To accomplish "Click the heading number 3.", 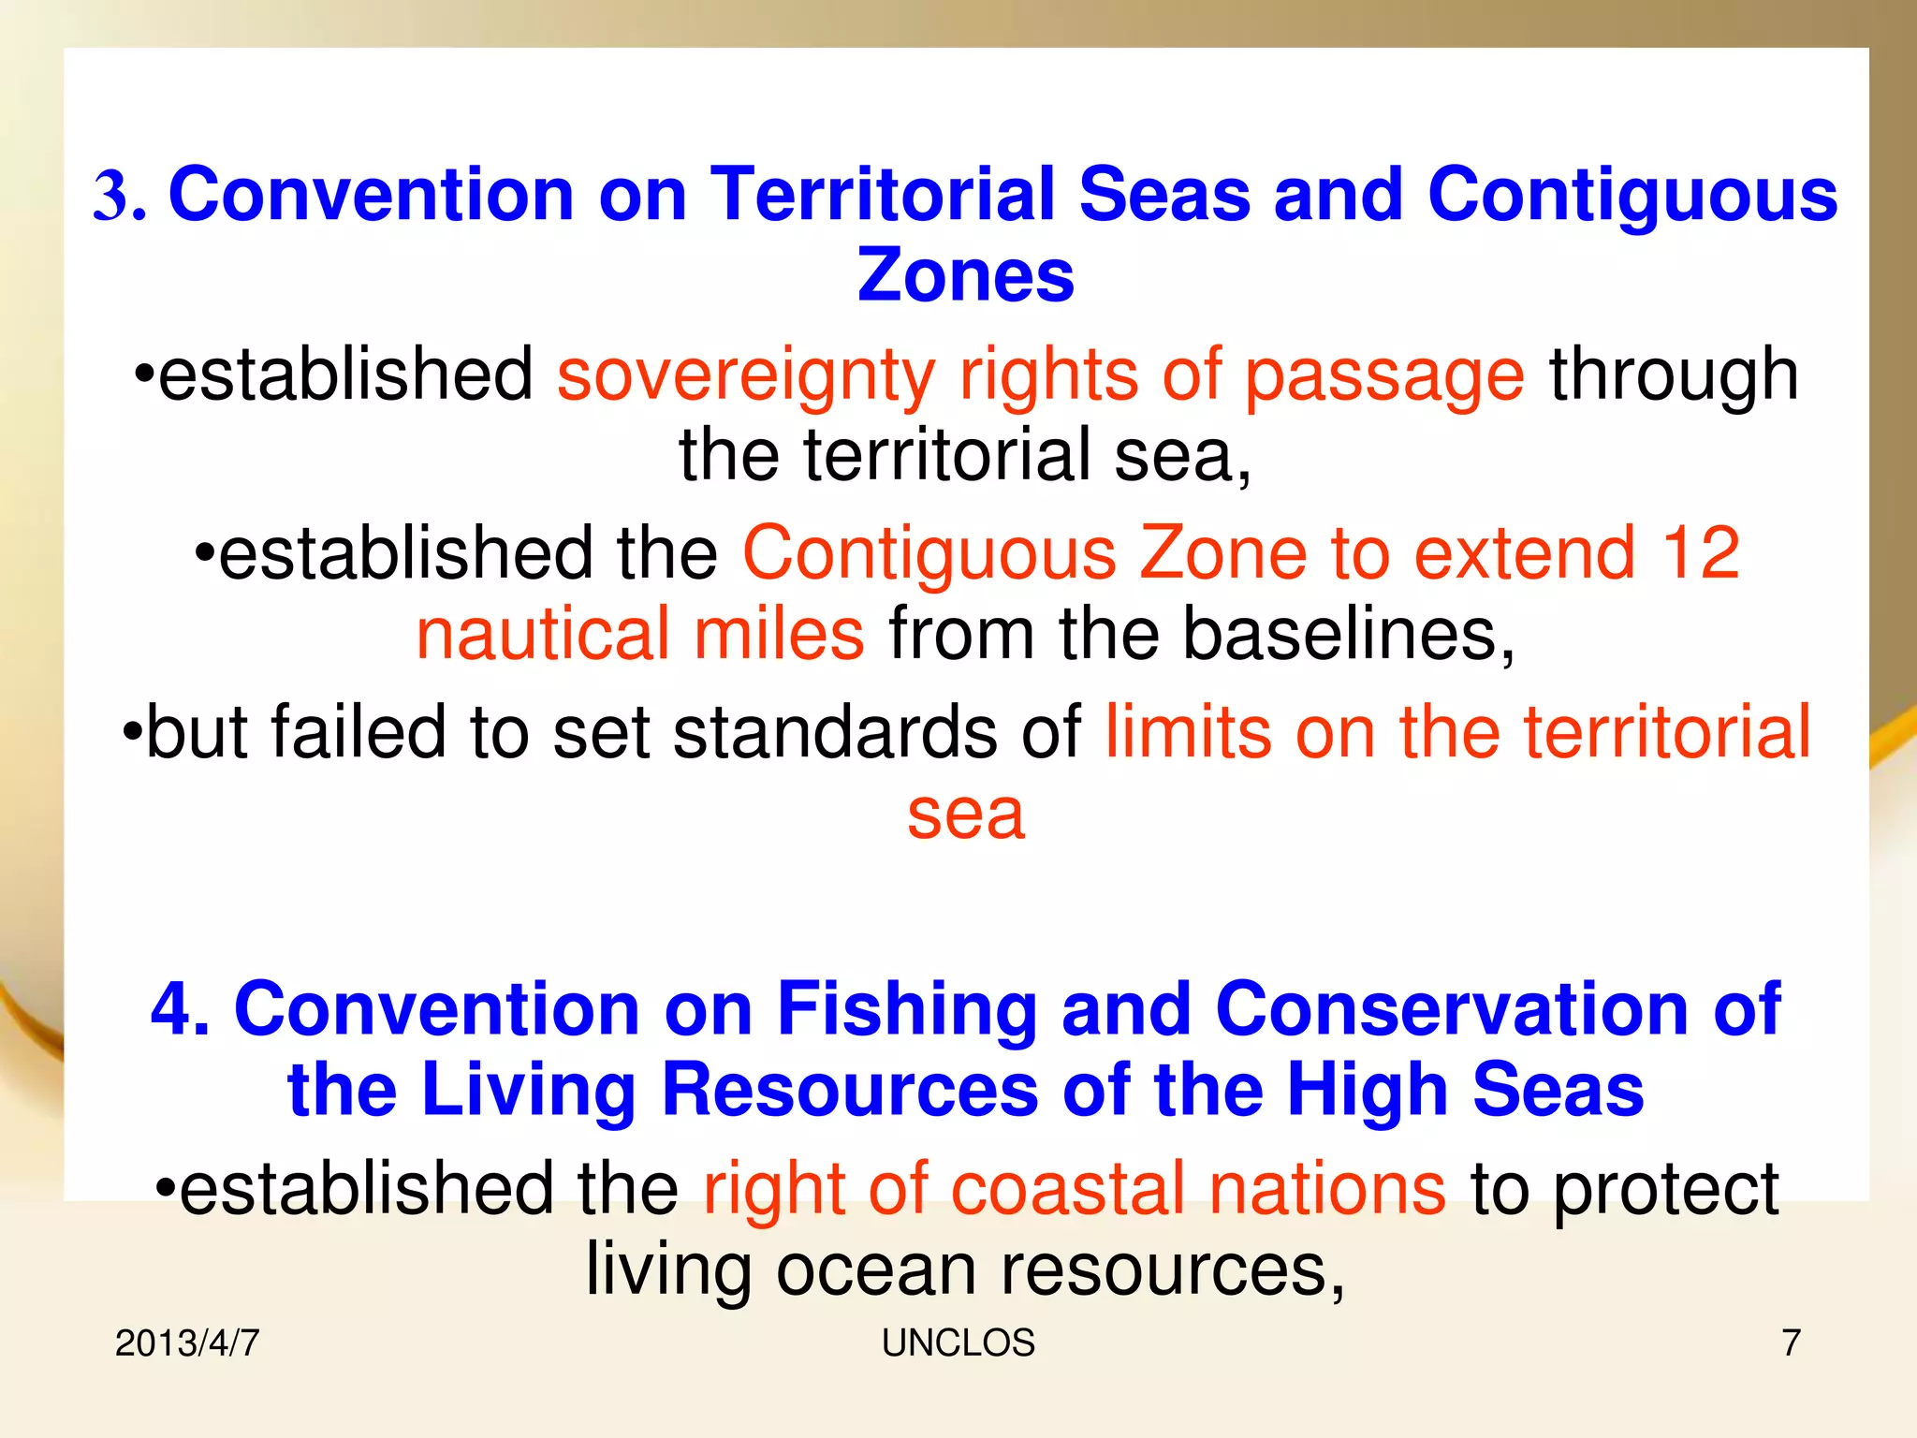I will [x=118, y=197].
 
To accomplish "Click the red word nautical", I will [x=542, y=634].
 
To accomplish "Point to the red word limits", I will [x=1188, y=732].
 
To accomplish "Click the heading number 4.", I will [x=180, y=1010].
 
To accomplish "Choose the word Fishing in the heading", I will [x=906, y=1010].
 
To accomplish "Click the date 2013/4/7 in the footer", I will [x=187, y=1343].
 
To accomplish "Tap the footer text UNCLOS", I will [x=958, y=1343].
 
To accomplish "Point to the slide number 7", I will [x=1791, y=1343].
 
